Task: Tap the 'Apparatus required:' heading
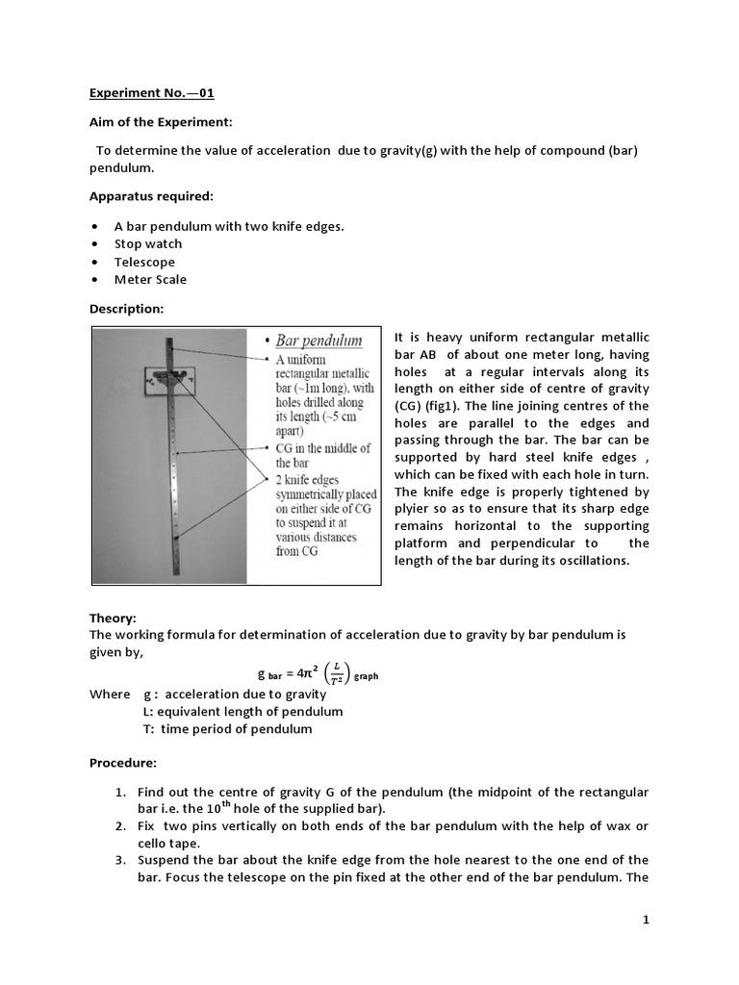click(151, 196)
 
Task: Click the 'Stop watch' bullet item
click(148, 243)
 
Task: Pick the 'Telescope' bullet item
click(144, 262)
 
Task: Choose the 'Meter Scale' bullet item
click(150, 280)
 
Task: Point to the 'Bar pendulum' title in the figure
click(319, 341)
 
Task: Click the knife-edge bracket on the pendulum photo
click(172, 378)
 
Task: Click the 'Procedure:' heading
click(123, 763)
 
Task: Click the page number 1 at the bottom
click(647, 920)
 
